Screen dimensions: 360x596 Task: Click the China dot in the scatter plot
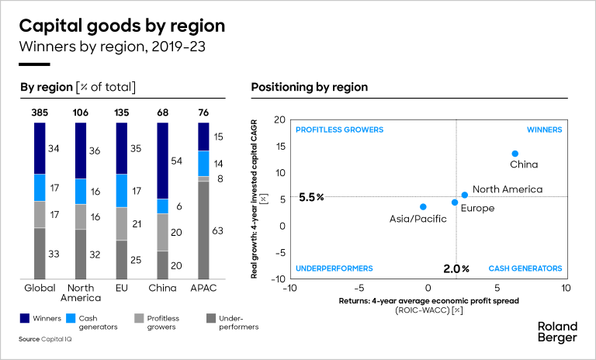(x=515, y=154)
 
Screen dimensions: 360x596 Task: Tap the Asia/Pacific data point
(x=423, y=207)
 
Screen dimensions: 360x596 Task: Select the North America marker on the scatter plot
(x=465, y=195)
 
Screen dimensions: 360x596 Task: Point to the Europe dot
(x=455, y=202)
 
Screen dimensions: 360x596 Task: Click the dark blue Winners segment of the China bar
(x=163, y=161)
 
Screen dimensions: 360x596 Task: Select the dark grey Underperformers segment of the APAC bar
(x=204, y=230)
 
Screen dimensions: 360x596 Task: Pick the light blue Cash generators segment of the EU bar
(x=121, y=191)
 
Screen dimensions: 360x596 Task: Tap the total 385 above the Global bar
(x=40, y=112)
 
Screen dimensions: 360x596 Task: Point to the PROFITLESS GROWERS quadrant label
(x=339, y=130)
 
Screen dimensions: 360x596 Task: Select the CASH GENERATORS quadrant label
(x=525, y=268)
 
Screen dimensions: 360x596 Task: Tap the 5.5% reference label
(x=310, y=198)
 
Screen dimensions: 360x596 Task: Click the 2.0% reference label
(x=456, y=268)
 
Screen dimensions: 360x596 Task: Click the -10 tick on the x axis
(x=289, y=288)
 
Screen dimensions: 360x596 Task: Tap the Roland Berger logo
(x=556, y=331)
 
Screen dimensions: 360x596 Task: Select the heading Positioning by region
(x=309, y=87)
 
